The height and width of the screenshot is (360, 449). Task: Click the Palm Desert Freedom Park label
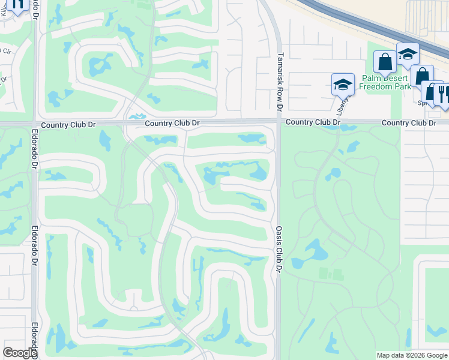click(x=386, y=82)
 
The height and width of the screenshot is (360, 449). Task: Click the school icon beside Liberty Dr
click(x=343, y=85)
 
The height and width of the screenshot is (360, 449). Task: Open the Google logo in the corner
click(x=20, y=353)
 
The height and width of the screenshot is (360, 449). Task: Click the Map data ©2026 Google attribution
click(x=412, y=355)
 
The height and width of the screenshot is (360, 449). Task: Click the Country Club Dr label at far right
click(x=409, y=122)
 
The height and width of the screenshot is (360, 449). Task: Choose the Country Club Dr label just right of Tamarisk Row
click(x=313, y=122)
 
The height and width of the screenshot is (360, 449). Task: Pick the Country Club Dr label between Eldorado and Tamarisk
click(x=172, y=123)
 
